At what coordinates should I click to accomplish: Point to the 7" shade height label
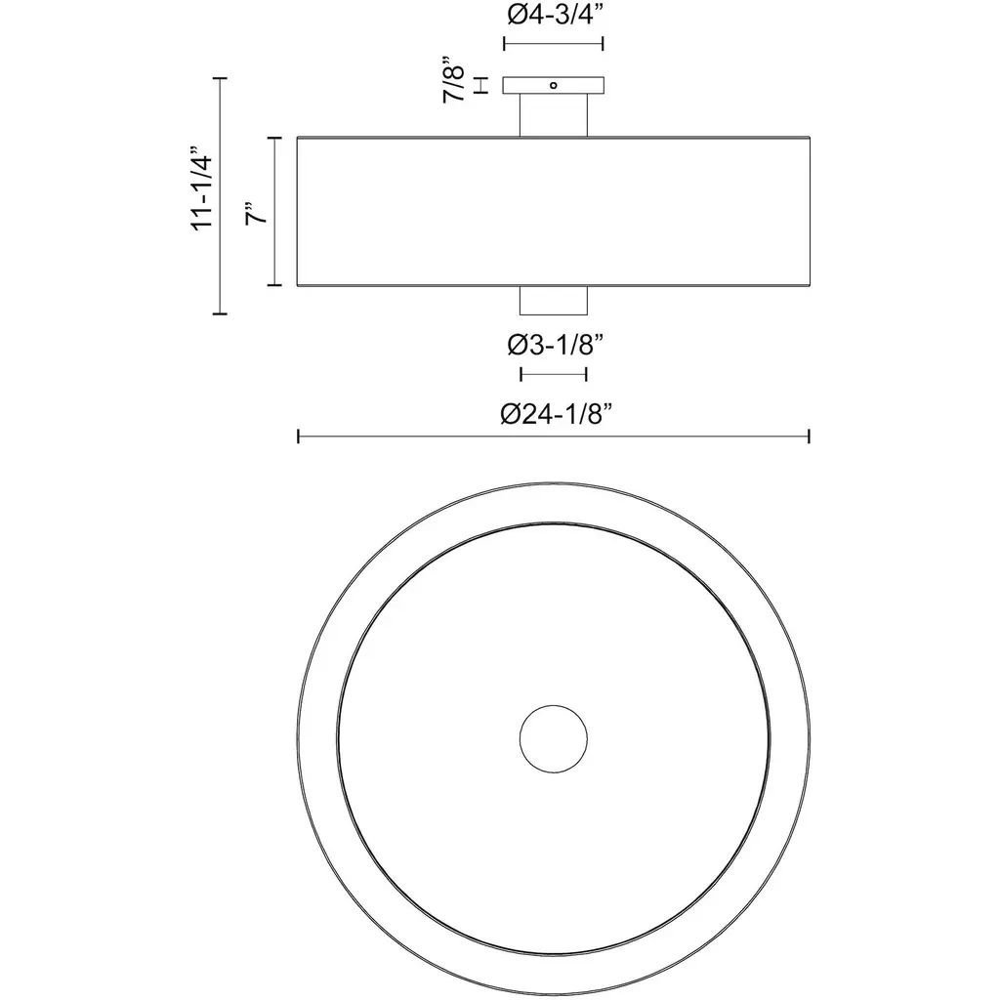(x=256, y=213)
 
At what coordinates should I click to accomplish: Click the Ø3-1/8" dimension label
(x=555, y=345)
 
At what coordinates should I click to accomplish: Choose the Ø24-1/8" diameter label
(x=556, y=414)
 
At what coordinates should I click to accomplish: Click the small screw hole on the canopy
(x=554, y=85)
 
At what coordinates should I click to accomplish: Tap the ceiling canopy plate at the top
(x=554, y=86)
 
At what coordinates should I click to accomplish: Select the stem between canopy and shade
(x=554, y=115)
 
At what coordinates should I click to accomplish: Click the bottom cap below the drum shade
(x=554, y=301)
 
